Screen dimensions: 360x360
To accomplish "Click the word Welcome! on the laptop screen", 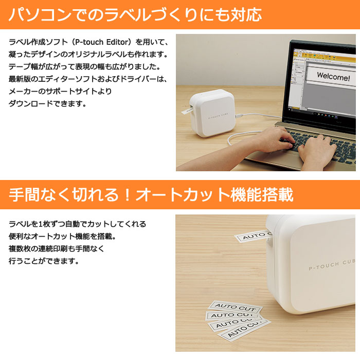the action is [333, 76].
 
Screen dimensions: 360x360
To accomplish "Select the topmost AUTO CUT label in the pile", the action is [235, 307].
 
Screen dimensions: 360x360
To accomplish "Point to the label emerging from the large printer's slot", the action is [253, 236].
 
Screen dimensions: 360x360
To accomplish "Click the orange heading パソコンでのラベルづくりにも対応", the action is [135, 15].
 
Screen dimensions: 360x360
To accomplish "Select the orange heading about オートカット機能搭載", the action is [151, 195].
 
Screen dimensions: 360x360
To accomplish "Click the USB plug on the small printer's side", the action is [239, 116].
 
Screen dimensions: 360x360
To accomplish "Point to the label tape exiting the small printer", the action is [186, 111].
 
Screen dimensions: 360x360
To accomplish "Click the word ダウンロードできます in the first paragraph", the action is [47, 104].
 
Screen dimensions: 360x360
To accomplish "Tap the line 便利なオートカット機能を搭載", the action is [62, 236].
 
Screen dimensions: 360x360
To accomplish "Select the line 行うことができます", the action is [44, 261].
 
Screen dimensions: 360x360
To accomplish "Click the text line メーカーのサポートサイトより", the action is [60, 92].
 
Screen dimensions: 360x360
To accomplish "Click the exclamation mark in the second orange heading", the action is [127, 195].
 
